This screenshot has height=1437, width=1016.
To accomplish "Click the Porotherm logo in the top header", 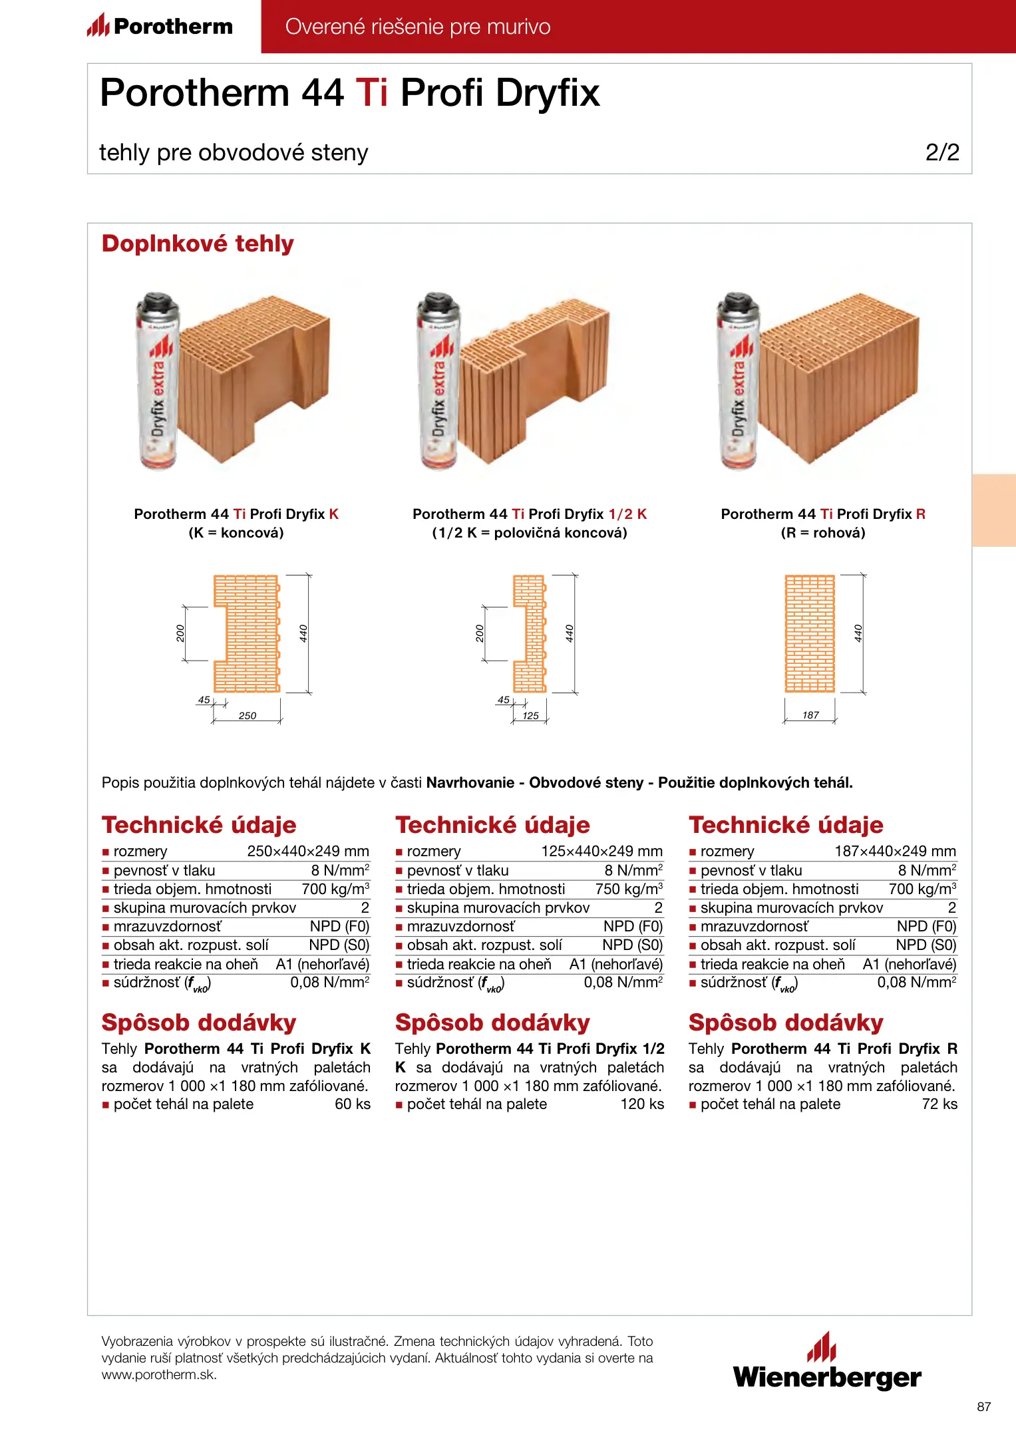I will point(160,27).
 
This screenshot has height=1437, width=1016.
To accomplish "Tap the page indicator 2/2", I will point(942,152).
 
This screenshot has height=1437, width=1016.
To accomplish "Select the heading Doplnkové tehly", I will point(198,243).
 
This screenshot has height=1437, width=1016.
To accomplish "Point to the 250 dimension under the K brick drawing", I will point(247,716).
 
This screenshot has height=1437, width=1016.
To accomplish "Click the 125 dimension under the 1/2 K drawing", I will point(530,716).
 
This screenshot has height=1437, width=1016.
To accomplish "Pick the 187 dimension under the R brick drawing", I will point(810,715).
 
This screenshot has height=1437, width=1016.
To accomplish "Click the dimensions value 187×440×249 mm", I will point(895,852).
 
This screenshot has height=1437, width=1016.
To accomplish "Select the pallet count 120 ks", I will point(642,1104).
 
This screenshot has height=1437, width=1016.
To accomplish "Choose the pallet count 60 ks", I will point(353,1104).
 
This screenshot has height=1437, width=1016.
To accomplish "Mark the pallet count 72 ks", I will point(939,1104).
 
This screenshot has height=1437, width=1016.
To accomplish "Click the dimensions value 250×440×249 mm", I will point(308,852).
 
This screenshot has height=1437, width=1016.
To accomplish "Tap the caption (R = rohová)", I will point(823,533).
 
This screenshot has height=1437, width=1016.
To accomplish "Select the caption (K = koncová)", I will point(236,533).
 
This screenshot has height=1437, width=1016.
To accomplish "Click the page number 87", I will point(984,1407).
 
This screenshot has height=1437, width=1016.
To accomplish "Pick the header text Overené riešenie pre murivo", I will point(418,27).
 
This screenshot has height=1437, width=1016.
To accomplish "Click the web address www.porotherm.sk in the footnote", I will point(159,1375).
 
